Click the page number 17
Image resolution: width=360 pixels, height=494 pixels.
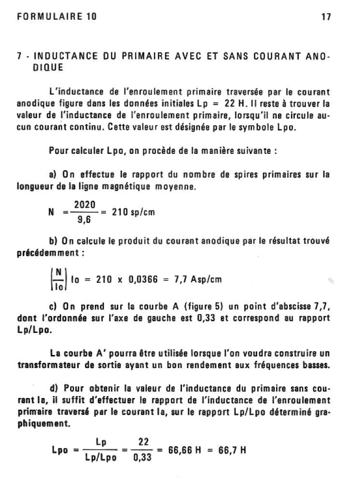[x=325, y=16]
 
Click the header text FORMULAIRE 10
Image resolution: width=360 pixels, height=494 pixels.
[x=56, y=16]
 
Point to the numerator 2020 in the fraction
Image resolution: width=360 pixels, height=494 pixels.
[x=83, y=205]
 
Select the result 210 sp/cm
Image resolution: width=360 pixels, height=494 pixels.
[x=133, y=213]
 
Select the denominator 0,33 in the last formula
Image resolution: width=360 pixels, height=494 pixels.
[x=142, y=458]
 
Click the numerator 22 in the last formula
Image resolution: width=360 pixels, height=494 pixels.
[x=143, y=442]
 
